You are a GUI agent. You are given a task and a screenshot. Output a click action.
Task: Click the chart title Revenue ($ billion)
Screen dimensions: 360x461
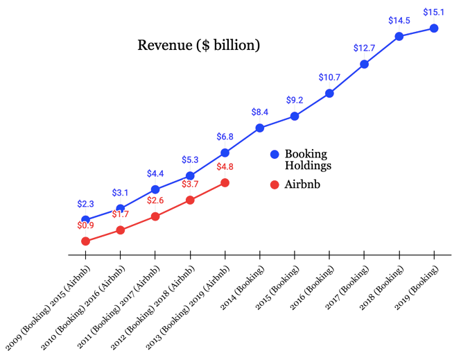(198, 46)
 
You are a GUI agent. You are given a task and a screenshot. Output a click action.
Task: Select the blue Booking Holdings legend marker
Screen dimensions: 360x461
(275, 155)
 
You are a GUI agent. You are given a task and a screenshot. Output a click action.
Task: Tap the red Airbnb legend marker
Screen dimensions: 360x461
(275, 185)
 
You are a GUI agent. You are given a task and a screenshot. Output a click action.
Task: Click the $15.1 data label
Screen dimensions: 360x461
(434, 12)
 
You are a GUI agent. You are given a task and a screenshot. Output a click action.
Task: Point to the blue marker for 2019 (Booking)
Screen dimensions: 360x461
(434, 28)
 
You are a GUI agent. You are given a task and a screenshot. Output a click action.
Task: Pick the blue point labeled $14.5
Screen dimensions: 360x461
(399, 37)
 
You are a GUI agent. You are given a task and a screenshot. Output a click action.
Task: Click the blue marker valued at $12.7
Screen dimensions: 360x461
(365, 65)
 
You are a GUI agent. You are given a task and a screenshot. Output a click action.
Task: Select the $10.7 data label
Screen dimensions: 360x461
(329, 77)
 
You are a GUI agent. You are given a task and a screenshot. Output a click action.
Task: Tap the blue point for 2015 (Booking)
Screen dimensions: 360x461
(295, 116)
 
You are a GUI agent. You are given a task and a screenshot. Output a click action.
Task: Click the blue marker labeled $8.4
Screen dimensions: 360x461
(260, 128)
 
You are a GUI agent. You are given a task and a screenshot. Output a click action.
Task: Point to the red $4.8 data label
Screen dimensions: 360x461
(225, 166)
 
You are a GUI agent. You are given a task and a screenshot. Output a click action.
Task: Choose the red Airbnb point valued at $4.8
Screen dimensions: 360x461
(225, 183)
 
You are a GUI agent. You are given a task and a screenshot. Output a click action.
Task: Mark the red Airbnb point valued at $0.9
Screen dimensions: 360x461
(85, 241)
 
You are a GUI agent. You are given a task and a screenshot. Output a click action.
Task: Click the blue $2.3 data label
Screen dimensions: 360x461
(85, 204)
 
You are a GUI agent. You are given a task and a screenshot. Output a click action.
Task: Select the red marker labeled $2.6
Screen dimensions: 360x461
(155, 216)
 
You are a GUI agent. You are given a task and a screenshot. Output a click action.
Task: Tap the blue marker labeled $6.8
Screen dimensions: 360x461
(225, 153)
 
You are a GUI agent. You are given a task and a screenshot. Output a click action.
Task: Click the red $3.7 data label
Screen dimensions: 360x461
(190, 184)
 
